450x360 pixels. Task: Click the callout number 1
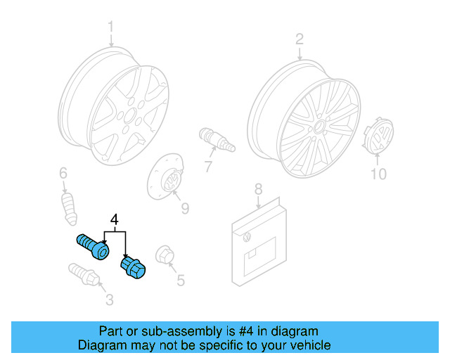[x=110, y=28]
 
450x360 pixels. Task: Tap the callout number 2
[x=299, y=39]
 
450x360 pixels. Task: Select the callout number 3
[x=109, y=301]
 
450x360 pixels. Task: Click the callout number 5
[x=181, y=281]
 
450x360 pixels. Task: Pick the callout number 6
[x=63, y=172]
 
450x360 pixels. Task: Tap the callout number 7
[x=208, y=167]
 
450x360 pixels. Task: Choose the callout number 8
[x=258, y=188]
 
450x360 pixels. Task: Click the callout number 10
[x=378, y=174]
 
